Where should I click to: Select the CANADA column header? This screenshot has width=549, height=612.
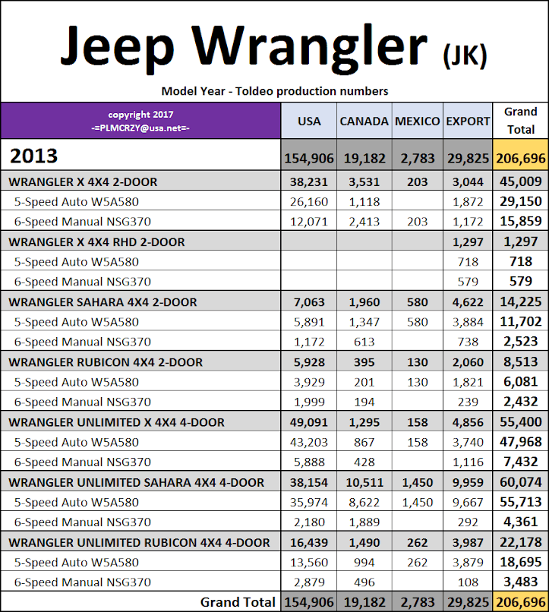364,121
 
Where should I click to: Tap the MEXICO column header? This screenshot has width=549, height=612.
417,121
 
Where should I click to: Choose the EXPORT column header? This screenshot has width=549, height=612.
468,121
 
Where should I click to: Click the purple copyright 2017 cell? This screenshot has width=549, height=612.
140,121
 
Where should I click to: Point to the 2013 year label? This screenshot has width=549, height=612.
33,156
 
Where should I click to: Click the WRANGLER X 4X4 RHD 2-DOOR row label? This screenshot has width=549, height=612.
96,242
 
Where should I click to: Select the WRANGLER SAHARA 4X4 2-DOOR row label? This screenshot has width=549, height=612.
103,302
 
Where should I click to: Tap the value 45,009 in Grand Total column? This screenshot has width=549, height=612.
520,182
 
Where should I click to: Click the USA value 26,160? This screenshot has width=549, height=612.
310,202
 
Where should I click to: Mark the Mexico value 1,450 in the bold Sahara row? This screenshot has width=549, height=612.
417,482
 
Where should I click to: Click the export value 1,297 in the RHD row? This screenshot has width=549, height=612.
468,242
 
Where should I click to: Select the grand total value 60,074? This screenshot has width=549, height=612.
520,482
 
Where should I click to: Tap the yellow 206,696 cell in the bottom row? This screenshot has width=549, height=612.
520,602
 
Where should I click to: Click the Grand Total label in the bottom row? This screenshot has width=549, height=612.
238,602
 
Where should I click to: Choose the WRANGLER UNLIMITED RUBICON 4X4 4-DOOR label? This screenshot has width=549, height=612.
139,542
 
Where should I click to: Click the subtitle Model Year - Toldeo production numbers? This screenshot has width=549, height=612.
275,91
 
